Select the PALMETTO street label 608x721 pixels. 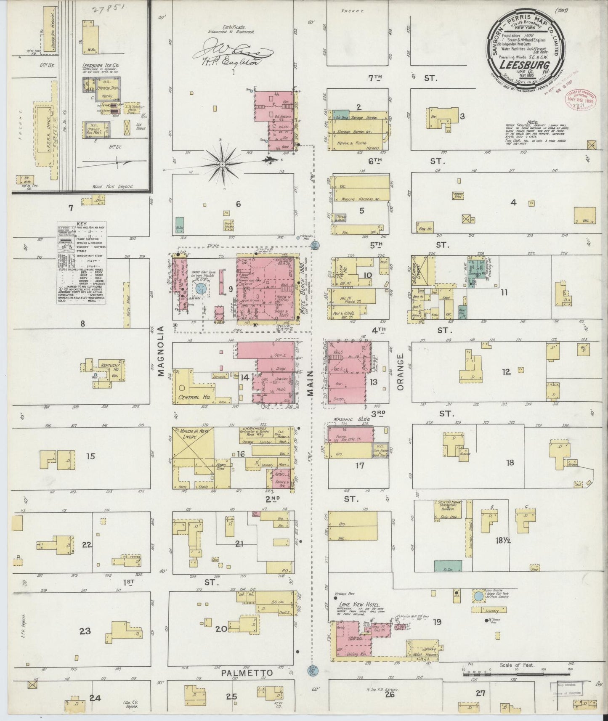point(247,673)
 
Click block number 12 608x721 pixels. point(506,371)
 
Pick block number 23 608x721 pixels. point(85,631)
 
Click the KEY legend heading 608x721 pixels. point(81,225)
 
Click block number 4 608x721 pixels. point(513,203)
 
